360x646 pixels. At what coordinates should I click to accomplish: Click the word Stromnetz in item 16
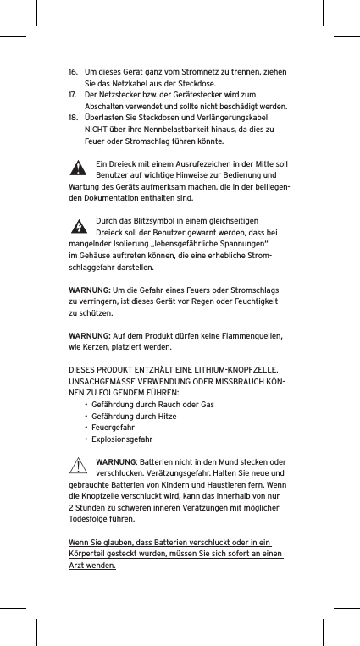pyautogui.click(x=194, y=73)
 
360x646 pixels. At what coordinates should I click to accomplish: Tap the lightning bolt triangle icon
pyautogui.click(x=79, y=226)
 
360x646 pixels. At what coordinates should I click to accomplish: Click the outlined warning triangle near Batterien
pyautogui.click(x=80, y=465)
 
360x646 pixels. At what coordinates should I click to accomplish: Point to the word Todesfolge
pyautogui.click(x=91, y=519)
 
